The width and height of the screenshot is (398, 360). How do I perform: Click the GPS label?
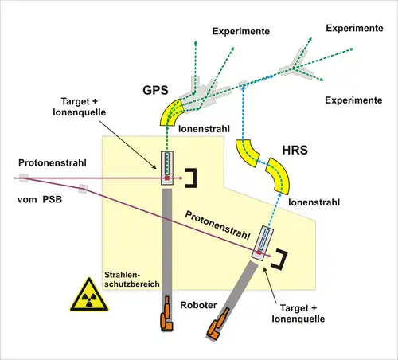(155, 90)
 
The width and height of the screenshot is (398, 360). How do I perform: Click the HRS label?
(295, 151)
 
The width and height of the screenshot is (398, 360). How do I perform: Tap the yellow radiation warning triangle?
(89, 295)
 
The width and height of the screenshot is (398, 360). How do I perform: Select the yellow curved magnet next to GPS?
(171, 112)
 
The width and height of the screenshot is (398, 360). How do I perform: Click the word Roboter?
(198, 305)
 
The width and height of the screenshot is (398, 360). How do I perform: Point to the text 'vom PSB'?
(40, 199)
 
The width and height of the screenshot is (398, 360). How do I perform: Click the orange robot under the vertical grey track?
(166, 315)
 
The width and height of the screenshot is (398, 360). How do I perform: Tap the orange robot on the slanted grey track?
(217, 325)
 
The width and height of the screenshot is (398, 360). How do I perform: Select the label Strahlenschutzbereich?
(132, 280)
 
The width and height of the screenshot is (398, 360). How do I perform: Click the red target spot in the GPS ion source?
(167, 178)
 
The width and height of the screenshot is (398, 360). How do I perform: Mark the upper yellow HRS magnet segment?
(247, 153)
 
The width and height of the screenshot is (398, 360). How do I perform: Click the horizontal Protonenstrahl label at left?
(53, 163)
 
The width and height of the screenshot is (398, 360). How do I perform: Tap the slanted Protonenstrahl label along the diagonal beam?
(217, 225)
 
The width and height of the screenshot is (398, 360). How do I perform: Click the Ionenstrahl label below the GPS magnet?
(204, 129)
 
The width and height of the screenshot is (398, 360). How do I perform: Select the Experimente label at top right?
(354, 29)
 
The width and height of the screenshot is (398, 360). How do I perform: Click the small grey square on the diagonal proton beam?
(83, 189)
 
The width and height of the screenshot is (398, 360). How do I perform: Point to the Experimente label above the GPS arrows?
(241, 31)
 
